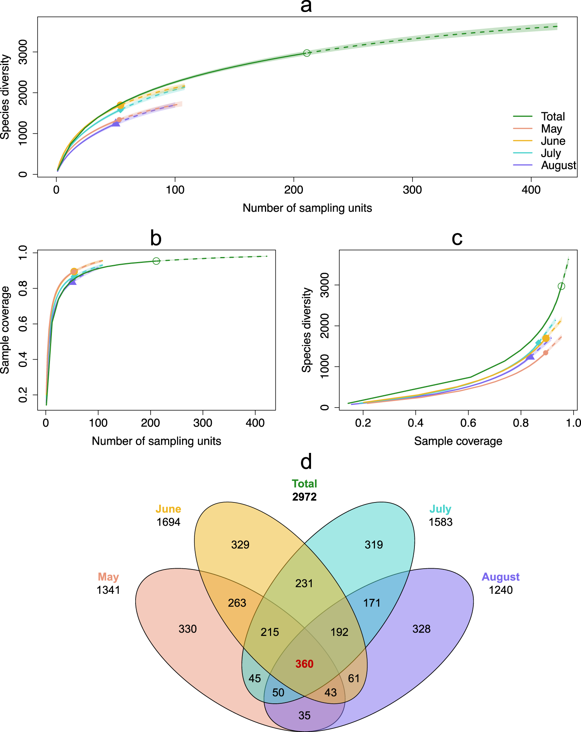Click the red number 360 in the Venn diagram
tap(304, 664)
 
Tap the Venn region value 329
tap(240, 545)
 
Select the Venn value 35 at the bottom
tap(304, 715)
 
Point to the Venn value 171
tap(372, 603)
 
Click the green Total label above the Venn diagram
tap(304, 483)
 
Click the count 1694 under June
tap(168, 522)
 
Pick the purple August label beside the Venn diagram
tap(500, 577)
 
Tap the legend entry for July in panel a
tap(551, 153)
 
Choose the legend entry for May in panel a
tap(551, 129)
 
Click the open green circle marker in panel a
tap(307, 53)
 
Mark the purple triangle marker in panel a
tap(116, 123)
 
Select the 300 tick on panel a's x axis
tap(412, 190)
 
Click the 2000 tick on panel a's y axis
tap(23, 93)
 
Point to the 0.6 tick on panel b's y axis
tap(23, 324)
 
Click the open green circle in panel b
tap(156, 261)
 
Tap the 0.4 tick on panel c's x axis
tap(415, 423)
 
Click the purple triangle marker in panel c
tap(530, 356)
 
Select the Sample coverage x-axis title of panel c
tap(458, 441)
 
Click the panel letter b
tap(156, 238)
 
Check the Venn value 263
tap(237, 603)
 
